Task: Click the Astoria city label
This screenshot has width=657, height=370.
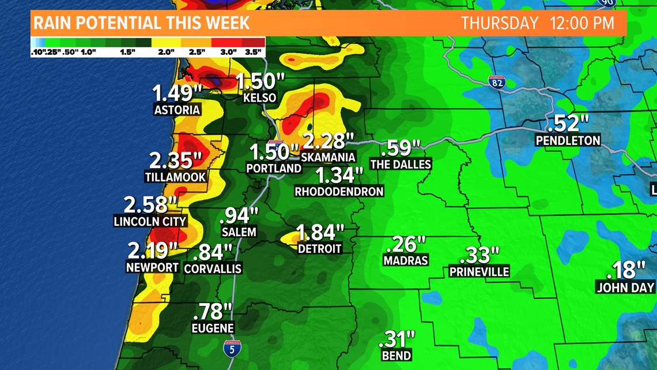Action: tap(177, 110)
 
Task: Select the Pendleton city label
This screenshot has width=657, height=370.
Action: tap(568, 140)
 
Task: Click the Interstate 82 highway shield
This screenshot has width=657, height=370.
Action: tap(496, 81)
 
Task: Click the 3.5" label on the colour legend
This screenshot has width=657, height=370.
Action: tap(254, 52)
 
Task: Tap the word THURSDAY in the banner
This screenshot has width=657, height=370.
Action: tap(499, 23)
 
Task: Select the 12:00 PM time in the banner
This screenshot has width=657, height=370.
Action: tap(582, 23)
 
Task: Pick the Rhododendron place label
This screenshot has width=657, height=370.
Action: tap(339, 191)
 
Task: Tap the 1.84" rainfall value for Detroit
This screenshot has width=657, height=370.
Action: tap(319, 233)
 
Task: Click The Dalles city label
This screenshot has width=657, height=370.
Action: tap(401, 164)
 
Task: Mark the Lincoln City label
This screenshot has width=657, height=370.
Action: tap(150, 221)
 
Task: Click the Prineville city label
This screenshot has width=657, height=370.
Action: tap(479, 271)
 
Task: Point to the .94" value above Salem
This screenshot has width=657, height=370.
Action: tap(239, 215)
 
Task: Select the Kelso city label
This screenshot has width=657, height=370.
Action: tap(260, 98)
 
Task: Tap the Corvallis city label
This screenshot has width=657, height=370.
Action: tap(213, 268)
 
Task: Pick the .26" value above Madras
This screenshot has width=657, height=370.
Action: tap(407, 244)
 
